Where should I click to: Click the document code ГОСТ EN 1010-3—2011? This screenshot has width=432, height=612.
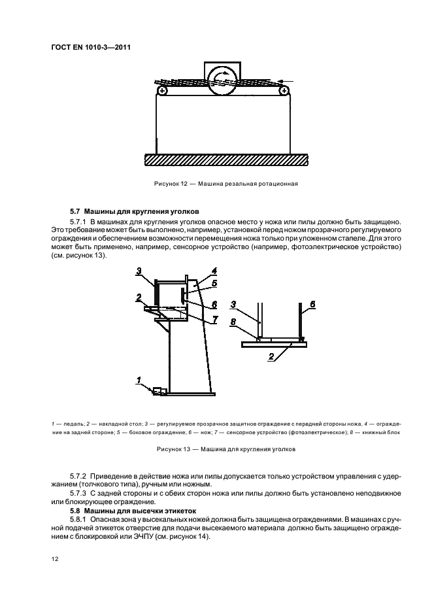pos(86,46)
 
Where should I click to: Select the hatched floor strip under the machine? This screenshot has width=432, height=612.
pos(225,160)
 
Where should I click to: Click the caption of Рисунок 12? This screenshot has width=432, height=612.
pos(225,184)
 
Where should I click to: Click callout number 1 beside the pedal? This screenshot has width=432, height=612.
pos(139,380)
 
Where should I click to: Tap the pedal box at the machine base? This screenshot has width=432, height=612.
pos(158,391)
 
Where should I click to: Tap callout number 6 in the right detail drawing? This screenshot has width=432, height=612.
pos(312,305)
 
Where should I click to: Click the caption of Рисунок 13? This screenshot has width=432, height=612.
pos(225,449)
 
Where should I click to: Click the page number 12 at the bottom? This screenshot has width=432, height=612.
pos(55,558)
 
